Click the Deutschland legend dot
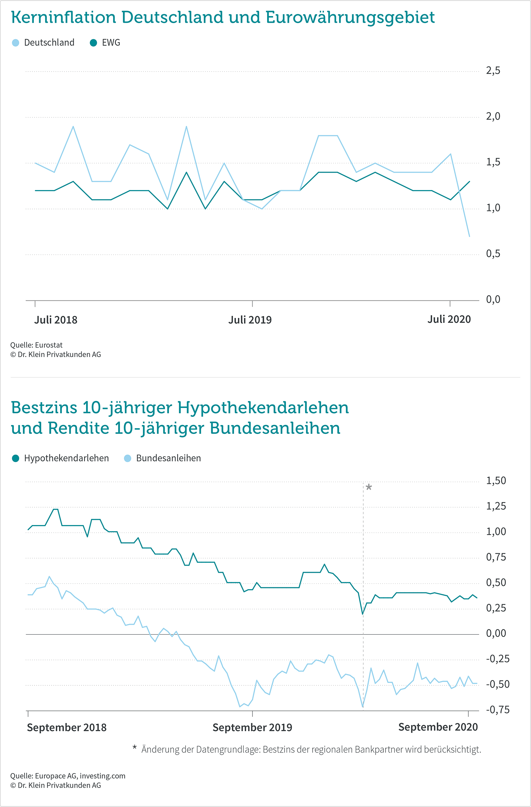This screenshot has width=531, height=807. [15, 43]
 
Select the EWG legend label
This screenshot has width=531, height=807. [111, 43]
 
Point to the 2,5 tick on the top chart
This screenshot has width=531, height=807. [493, 70]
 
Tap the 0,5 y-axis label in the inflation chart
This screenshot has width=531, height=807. [493, 253]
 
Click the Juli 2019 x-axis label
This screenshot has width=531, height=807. [250, 320]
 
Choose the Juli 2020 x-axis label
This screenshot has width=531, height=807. [449, 319]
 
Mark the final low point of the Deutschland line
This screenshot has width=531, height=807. [469, 236]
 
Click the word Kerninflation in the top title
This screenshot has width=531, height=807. [64, 17]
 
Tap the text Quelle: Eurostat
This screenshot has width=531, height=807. [36, 345]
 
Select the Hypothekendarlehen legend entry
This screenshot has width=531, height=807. [60, 458]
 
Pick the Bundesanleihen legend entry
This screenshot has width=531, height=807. [163, 458]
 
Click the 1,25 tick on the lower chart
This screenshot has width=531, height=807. [496, 506]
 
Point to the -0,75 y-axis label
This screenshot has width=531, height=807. [498, 709]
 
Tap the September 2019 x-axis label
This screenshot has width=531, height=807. [252, 727]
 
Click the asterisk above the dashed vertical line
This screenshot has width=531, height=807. [369, 487]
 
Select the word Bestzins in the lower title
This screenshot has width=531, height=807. [44, 408]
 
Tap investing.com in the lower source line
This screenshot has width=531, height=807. [102, 776]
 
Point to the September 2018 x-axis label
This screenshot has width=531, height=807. [67, 727]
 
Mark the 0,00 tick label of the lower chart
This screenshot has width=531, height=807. [496, 633]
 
